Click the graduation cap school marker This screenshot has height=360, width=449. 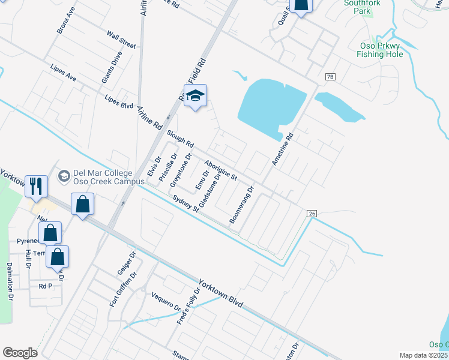[x=195, y=96]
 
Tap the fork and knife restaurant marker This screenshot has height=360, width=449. [x=36, y=186]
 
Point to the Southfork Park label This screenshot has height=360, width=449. [x=358, y=7]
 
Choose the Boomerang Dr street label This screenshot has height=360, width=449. [x=243, y=205]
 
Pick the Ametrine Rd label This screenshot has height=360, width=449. [x=282, y=149]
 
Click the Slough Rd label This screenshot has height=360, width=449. [x=181, y=139]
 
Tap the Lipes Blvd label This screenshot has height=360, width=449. [x=118, y=102]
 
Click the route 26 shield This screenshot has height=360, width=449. [x=311, y=213]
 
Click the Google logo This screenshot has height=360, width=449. [x=20, y=353]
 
